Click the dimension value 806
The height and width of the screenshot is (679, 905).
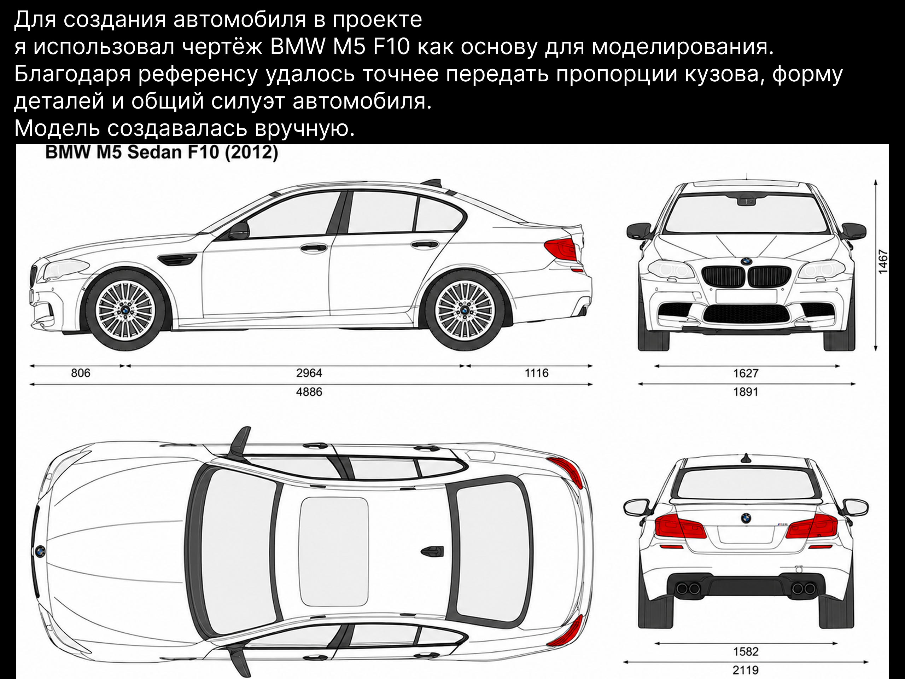pyautogui.click(x=81, y=373)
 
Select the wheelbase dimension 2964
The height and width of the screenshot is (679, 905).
pyautogui.click(x=309, y=373)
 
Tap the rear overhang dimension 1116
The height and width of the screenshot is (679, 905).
pyautogui.click(x=536, y=373)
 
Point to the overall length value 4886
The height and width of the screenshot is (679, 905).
pyautogui.click(x=309, y=392)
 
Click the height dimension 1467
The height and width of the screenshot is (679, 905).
pyautogui.click(x=883, y=261)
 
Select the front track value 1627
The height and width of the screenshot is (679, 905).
pyautogui.click(x=746, y=373)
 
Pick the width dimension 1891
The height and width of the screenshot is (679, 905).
pyautogui.click(x=746, y=392)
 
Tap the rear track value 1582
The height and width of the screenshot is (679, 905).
pyautogui.click(x=746, y=651)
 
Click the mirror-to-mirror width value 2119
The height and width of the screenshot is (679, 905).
pyautogui.click(x=746, y=670)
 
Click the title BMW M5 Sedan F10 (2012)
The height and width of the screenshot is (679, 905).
pyautogui.click(x=162, y=152)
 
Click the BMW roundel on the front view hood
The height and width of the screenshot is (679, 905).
pyautogui.click(x=746, y=261)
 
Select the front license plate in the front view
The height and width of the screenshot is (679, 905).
pyautogui.click(x=746, y=296)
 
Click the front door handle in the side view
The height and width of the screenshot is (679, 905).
pyautogui.click(x=314, y=247)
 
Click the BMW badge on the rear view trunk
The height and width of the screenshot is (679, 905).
pyautogui.click(x=746, y=518)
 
